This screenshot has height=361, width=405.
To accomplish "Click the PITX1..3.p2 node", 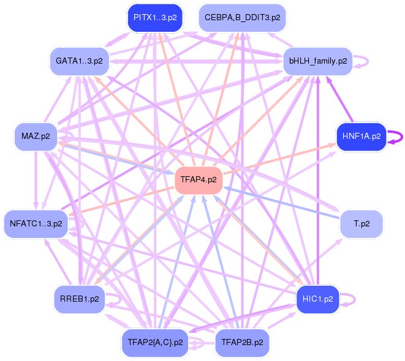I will (154, 17).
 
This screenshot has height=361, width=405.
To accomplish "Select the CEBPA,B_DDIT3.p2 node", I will (243, 17).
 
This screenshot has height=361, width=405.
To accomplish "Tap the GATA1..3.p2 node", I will (79, 61).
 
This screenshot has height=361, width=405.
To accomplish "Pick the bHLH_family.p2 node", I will (317, 61).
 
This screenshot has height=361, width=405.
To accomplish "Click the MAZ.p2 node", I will (36, 136).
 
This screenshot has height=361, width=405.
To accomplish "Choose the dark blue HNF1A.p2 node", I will (361, 136).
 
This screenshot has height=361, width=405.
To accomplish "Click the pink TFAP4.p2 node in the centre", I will (198, 180).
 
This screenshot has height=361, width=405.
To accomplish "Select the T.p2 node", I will (361, 224).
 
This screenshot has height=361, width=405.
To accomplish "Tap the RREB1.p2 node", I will (79, 299).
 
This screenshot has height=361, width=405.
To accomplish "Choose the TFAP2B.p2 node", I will (243, 343).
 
